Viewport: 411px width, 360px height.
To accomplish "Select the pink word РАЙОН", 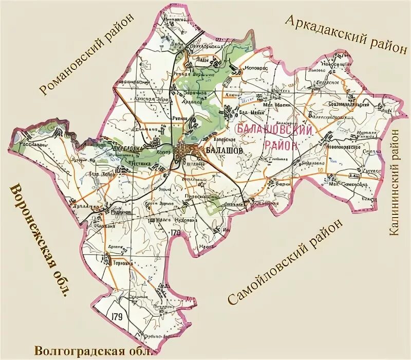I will tap(281, 145).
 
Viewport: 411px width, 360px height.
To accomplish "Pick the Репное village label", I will tap(180, 118).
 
